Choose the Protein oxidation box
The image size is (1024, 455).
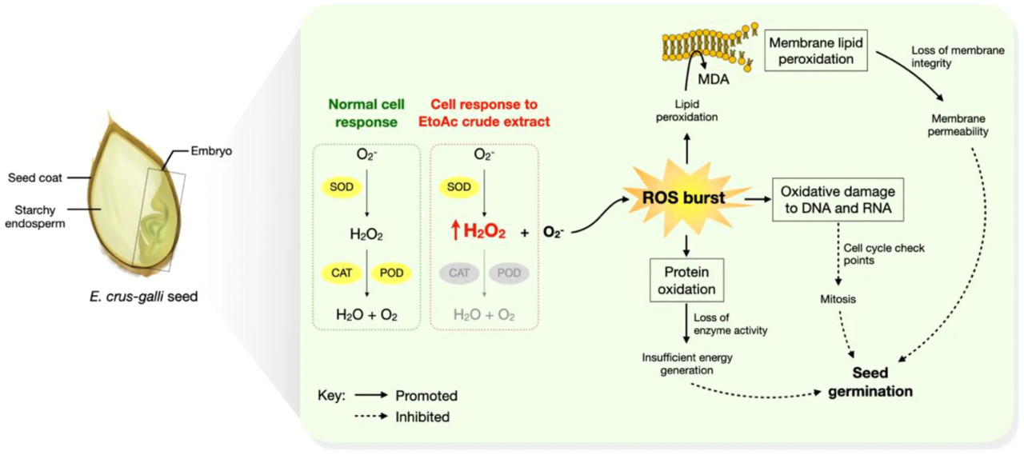click(x=687, y=279)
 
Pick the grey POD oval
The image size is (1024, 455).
click(x=509, y=273)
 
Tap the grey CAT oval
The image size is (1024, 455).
click(x=459, y=273)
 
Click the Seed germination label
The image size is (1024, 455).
click(x=870, y=382)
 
